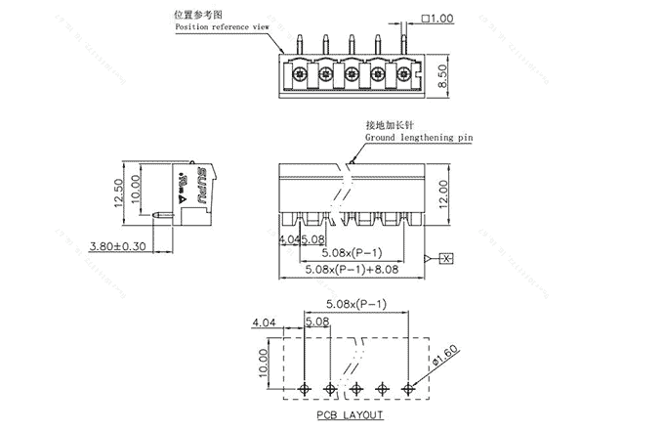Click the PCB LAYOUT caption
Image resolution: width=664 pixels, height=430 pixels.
349,415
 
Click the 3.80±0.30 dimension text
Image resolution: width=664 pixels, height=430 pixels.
117,245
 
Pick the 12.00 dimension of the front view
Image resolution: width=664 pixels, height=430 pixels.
442,193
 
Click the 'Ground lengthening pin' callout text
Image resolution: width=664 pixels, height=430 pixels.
419,139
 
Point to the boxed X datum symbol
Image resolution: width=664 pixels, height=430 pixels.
445,258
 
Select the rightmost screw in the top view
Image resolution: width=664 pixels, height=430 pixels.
402,72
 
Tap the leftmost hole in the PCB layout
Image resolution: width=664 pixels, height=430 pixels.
306,389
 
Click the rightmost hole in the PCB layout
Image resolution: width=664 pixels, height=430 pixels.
408,389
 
